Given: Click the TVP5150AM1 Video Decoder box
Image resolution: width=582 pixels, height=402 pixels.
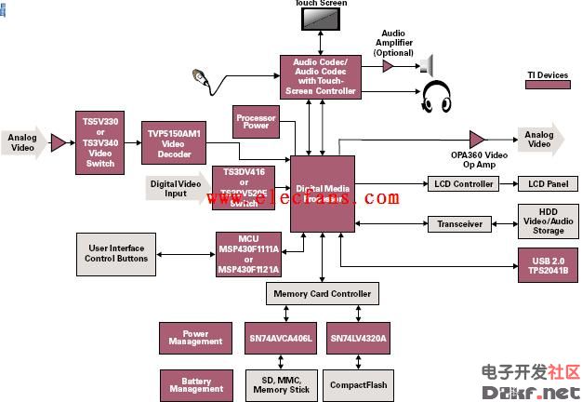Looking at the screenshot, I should pyautogui.click(x=173, y=140).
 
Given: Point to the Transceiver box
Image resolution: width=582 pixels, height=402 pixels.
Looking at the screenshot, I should pyautogui.click(x=459, y=224).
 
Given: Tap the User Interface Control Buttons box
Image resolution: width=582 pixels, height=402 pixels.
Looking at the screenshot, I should pyautogui.click(x=117, y=252).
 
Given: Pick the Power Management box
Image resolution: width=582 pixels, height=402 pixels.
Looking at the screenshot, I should pyautogui.click(x=195, y=339).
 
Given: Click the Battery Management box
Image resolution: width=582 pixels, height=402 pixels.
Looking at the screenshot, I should pyautogui.click(x=195, y=383).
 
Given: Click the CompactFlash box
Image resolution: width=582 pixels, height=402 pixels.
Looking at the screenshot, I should pyautogui.click(x=358, y=384).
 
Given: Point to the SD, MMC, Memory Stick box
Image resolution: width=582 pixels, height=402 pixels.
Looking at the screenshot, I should pyautogui.click(x=281, y=384).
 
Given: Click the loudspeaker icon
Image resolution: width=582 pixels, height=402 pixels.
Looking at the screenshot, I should pyautogui.click(x=429, y=64).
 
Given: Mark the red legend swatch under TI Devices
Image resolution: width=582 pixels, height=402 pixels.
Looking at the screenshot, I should pyautogui.click(x=548, y=85).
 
